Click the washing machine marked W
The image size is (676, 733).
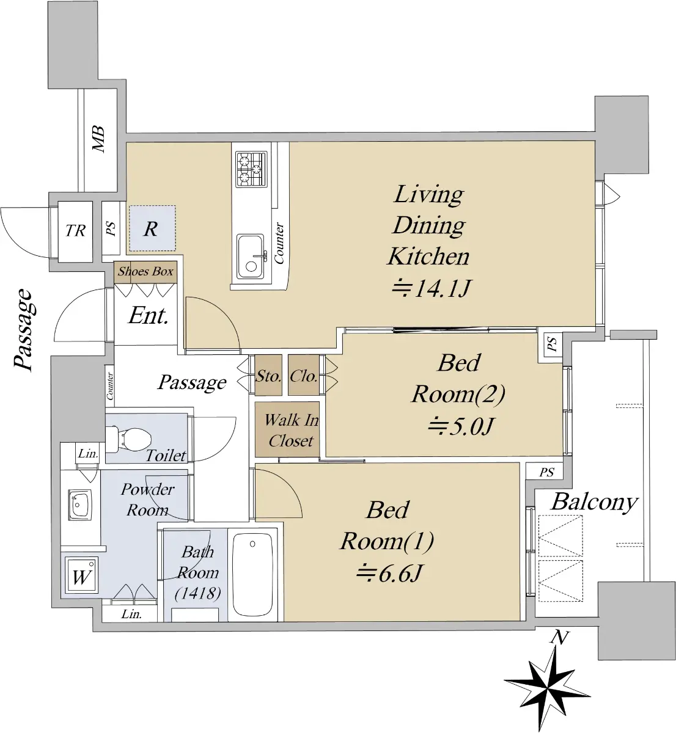(x=81, y=575)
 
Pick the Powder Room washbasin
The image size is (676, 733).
(x=79, y=505)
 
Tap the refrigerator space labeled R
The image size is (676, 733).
(x=152, y=228)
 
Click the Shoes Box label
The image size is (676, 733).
(x=145, y=271)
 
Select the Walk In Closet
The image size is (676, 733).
(x=287, y=429)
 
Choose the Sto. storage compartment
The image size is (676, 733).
(x=268, y=375)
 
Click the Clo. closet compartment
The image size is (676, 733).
(x=303, y=375)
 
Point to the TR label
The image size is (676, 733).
(x=75, y=230)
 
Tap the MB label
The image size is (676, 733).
(x=99, y=139)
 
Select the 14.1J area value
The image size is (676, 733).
(x=430, y=289)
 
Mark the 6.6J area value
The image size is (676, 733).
(x=389, y=574)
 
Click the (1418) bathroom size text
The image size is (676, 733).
(x=198, y=593)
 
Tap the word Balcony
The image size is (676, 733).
(x=595, y=503)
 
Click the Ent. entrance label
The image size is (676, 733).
(x=149, y=315)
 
